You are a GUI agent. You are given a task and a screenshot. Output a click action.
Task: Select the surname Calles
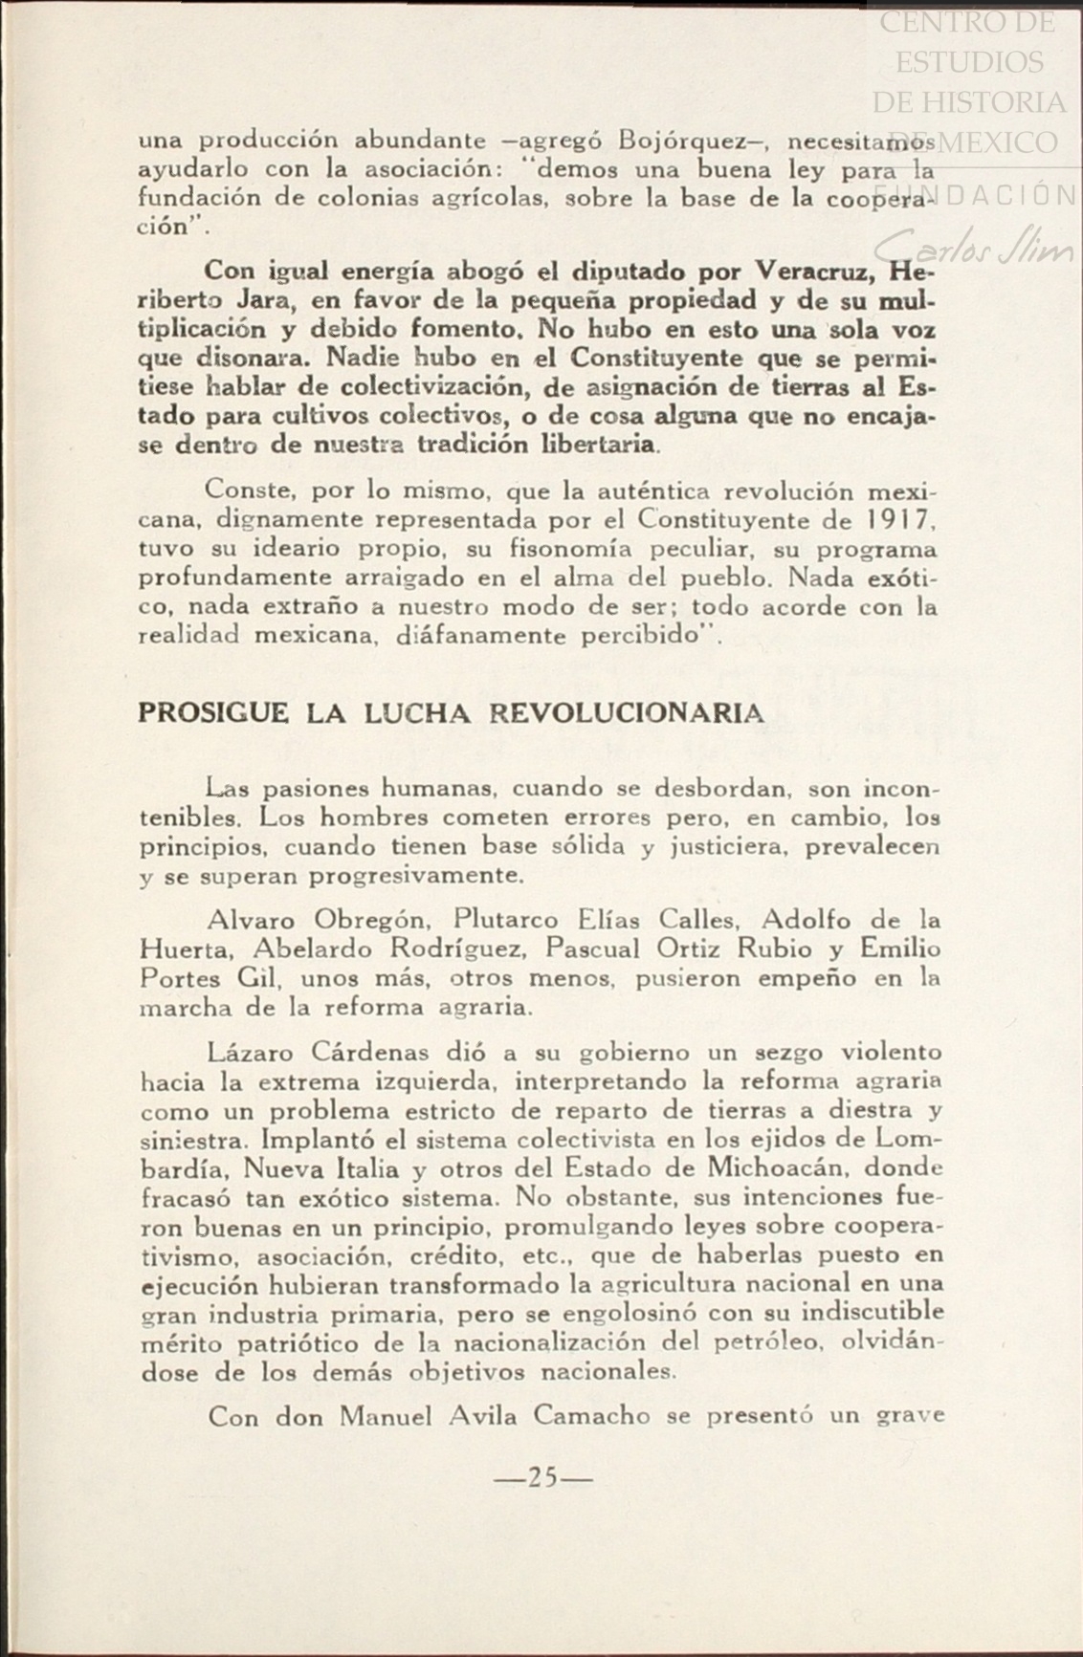(700, 920)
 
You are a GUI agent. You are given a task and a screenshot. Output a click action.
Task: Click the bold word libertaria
(599, 445)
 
